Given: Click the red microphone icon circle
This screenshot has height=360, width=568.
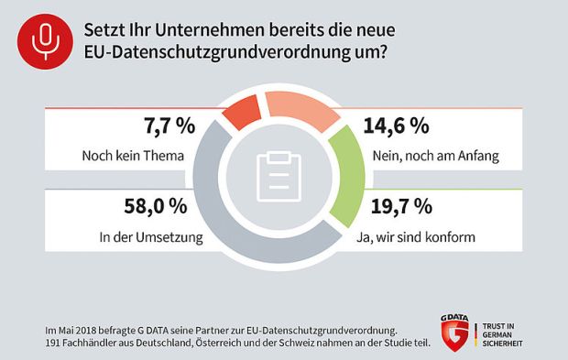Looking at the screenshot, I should [x=43, y=39].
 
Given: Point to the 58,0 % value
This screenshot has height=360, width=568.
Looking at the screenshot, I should [x=158, y=207].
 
